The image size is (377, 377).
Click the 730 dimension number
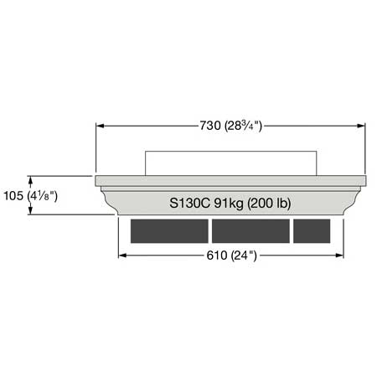click(x=210, y=126)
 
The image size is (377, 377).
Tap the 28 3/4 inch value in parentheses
click(x=243, y=126)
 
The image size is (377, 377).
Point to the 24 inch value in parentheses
click(x=244, y=256)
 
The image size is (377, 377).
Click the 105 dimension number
click(x=13, y=196)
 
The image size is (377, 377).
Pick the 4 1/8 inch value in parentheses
click(x=43, y=196)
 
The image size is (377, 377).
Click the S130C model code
click(x=189, y=203)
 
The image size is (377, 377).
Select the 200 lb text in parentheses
click(x=269, y=203)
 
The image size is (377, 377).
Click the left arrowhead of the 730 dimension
click(x=100, y=126)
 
